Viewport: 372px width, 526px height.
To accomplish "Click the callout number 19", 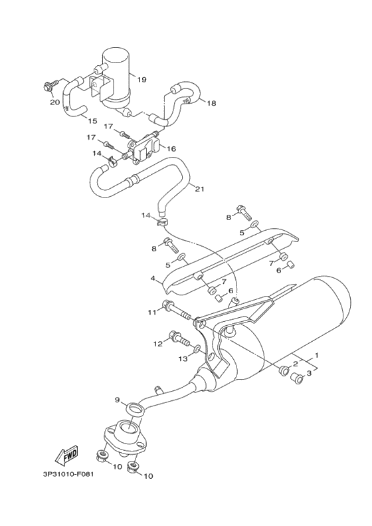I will coord(142,80).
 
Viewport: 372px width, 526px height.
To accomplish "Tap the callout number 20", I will coord(54,102).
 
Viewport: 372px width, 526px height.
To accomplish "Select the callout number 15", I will coord(92,121).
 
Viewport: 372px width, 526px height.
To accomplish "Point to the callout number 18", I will coord(211,103).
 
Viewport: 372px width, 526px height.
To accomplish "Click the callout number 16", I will coord(171,149).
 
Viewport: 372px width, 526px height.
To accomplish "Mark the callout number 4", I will coord(153,279).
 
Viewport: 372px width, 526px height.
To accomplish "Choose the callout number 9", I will coord(117,400).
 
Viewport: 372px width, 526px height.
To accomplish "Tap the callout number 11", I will coord(151,312).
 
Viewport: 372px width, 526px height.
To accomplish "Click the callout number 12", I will coord(157,344).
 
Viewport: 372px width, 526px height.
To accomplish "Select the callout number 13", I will coord(183,359).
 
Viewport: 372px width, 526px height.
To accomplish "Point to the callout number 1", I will coord(317,355).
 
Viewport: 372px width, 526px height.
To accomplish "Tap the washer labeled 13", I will coord(197,348).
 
